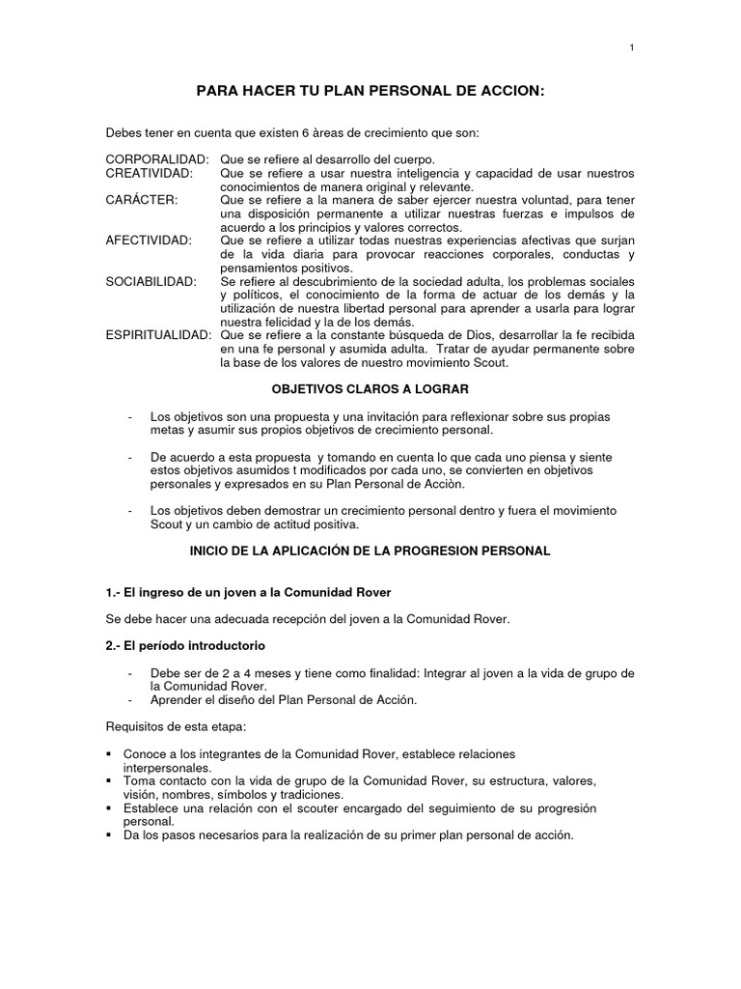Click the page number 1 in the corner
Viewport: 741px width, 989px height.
[631, 48]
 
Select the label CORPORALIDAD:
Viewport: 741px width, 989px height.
[157, 158]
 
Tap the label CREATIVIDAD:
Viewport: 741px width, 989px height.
[150, 173]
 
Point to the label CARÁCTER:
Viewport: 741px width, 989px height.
[141, 200]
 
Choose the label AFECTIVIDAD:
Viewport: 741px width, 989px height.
[149, 240]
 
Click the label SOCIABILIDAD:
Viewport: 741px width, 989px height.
[151, 281]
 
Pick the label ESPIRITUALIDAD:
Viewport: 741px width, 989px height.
[158, 335]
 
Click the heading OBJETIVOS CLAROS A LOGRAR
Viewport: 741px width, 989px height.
[370, 388]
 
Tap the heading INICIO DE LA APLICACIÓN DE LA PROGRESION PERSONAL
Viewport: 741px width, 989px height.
[370, 551]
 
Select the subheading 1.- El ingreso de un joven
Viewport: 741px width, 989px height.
[248, 591]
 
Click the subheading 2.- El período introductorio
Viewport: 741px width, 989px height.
[185, 644]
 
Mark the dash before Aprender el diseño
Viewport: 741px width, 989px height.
[129, 700]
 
